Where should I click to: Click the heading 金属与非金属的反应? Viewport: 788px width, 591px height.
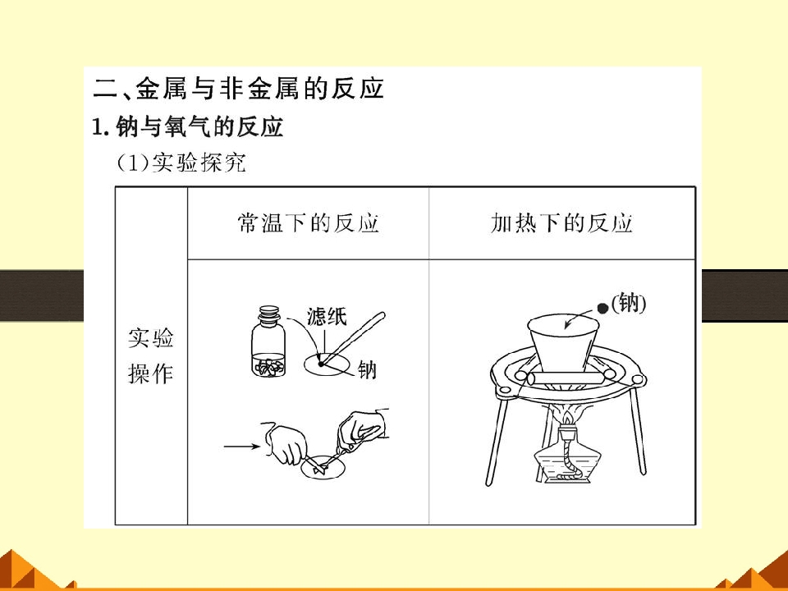click(260, 89)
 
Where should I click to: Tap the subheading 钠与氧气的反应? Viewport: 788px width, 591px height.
click(199, 126)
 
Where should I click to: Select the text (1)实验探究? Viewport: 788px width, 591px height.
click(181, 163)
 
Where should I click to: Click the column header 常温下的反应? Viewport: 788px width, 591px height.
click(308, 223)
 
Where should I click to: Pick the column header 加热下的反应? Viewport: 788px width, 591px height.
click(561, 223)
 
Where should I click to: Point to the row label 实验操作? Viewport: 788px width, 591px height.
click(151, 355)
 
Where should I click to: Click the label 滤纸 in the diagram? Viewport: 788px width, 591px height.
click(327, 317)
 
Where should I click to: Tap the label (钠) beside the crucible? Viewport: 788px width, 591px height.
click(628, 303)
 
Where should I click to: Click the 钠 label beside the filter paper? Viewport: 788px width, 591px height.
click(367, 370)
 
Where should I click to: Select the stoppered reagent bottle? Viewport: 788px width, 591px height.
click(269, 341)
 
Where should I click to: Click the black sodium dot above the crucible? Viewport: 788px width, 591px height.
click(602, 309)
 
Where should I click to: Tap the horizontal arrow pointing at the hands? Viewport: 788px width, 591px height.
click(241, 446)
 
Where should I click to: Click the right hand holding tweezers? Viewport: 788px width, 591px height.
click(362, 428)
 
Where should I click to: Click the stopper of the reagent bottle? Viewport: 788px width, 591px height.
click(269, 312)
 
